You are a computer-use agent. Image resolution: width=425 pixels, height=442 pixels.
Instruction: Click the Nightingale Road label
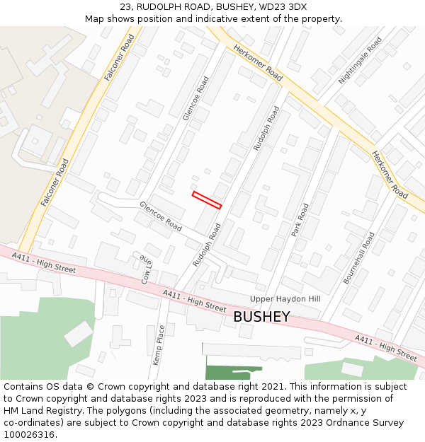click(x=360, y=60)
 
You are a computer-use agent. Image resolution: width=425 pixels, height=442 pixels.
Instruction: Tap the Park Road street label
click(x=301, y=220)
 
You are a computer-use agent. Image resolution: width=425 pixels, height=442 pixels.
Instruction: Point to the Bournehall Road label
click(x=359, y=258)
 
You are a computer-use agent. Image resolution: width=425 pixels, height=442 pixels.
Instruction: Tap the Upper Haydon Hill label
click(x=285, y=299)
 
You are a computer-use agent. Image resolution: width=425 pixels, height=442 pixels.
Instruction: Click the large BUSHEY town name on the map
click(x=261, y=316)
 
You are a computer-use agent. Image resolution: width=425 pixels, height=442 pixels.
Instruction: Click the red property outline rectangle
click(x=207, y=199)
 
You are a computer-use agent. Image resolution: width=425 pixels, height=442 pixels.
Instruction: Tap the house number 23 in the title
click(x=137, y=7)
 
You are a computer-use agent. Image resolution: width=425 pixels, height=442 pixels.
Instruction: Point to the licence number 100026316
click(x=30, y=435)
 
